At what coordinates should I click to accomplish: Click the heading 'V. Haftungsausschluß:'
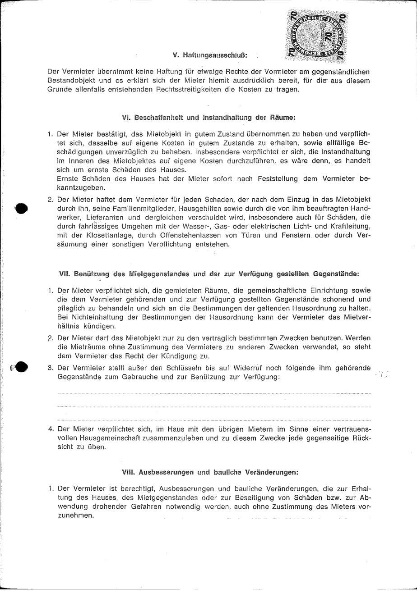[210, 55]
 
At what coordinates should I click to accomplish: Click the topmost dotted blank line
[214, 394]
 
